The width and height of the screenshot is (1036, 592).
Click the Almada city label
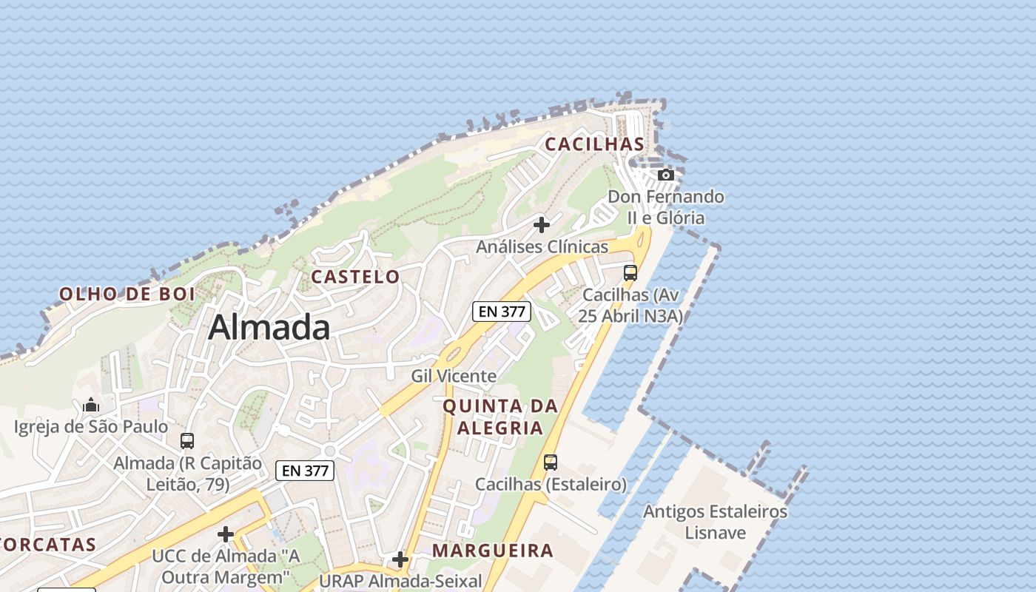click(269, 327)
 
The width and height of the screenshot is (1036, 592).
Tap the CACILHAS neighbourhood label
click(595, 144)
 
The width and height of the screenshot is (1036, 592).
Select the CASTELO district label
click(355, 277)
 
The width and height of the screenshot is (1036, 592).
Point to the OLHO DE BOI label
click(127, 294)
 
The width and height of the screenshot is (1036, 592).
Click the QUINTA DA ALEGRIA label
click(500, 417)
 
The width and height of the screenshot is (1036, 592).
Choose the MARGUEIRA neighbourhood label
click(493, 550)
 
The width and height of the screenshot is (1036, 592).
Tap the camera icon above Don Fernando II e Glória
click(666, 175)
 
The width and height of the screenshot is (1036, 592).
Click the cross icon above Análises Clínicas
click(542, 224)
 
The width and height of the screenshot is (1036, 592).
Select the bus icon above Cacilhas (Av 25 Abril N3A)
click(630, 272)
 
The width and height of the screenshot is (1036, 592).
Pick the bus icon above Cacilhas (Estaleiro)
click(551, 462)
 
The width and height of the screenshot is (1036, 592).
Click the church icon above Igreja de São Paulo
click(91, 405)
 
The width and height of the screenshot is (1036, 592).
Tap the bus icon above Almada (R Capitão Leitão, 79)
click(187, 441)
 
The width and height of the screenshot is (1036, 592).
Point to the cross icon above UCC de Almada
click(226, 534)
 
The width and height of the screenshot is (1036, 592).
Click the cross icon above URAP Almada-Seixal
click(400, 559)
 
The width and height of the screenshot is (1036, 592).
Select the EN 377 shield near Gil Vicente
click(502, 312)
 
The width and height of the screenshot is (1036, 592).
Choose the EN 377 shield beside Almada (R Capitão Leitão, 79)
click(305, 470)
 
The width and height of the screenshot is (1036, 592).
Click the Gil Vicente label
click(454, 376)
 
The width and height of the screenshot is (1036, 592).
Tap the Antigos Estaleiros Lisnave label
click(715, 522)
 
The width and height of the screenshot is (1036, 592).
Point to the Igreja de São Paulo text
click(91, 427)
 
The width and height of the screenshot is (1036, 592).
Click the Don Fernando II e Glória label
click(666, 207)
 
